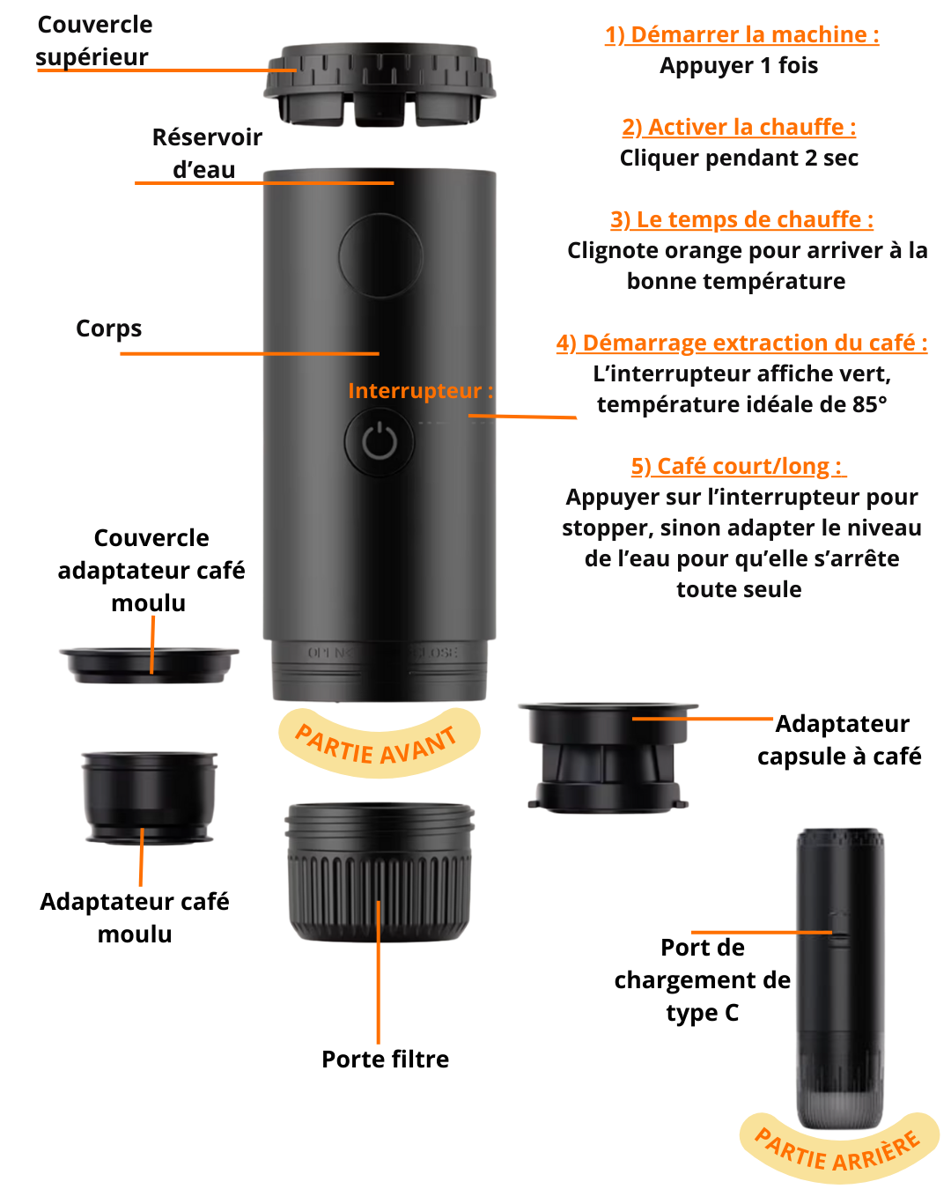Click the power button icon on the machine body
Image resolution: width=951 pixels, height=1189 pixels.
(x=379, y=442)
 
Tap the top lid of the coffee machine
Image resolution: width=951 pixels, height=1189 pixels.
(x=379, y=85)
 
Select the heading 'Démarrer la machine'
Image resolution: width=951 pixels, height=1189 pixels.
(x=741, y=35)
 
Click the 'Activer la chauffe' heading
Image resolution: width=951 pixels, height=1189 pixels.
(x=739, y=127)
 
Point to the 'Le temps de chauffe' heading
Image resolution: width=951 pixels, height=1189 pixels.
(x=741, y=220)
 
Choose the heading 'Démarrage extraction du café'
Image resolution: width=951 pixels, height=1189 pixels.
(x=741, y=343)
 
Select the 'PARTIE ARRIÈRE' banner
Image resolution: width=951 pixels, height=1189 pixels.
(x=839, y=1149)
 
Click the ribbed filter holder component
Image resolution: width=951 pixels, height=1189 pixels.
(x=379, y=873)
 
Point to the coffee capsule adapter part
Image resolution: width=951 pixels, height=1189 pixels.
(x=608, y=757)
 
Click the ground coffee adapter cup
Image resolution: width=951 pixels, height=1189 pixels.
(x=149, y=797)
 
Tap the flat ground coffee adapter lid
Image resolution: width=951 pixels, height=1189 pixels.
(x=149, y=666)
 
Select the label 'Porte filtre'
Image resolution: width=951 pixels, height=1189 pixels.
(x=385, y=1060)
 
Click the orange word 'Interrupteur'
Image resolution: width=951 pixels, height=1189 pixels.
(x=415, y=391)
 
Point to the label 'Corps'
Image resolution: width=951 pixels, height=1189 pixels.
(x=109, y=329)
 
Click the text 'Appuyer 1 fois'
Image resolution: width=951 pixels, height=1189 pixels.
(x=739, y=66)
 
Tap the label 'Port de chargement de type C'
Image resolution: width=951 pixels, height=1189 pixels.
(x=703, y=980)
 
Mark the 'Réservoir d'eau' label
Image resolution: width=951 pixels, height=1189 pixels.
(x=207, y=153)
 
